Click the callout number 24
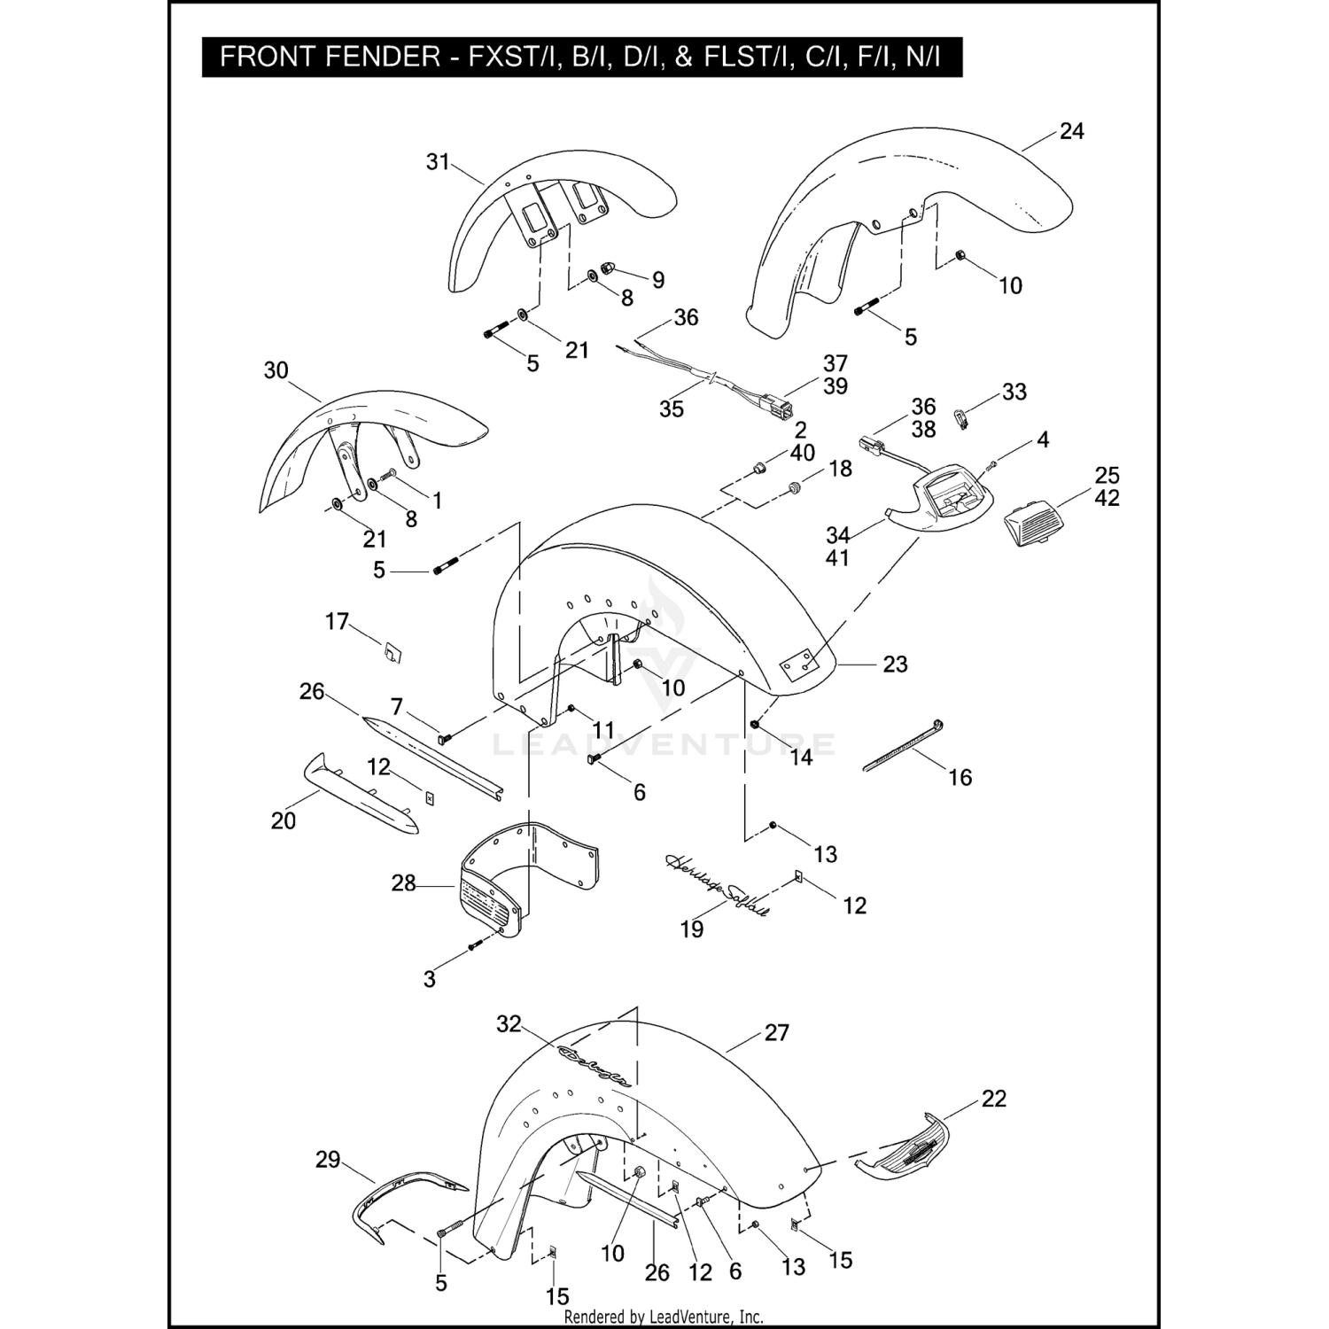1071,131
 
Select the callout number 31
438,162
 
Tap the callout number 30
276,370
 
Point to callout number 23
895,664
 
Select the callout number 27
776,1033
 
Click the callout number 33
1014,392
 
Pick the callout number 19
691,929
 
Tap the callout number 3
430,979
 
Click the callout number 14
801,757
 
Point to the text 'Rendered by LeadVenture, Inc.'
664,1317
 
